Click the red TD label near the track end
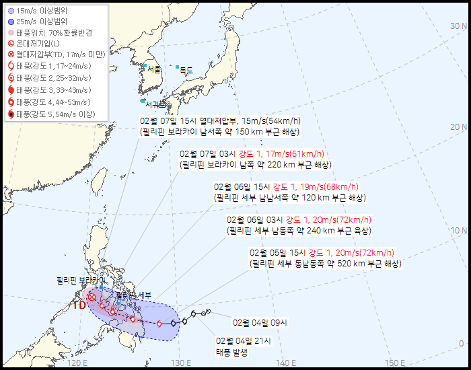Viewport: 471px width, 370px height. coord(79,305)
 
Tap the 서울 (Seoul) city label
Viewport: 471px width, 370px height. coord(154,69)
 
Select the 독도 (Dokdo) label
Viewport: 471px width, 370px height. coord(186,70)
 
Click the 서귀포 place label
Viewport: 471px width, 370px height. coord(156,104)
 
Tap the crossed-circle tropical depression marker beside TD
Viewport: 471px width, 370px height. coord(92,297)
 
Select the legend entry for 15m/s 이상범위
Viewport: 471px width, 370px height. coord(44,10)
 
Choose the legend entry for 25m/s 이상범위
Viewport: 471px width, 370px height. coord(44,22)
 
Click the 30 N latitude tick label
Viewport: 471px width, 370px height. coord(459,26)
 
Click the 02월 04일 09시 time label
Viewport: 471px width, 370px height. coord(260,323)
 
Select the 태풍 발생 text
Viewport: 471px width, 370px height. coord(232,353)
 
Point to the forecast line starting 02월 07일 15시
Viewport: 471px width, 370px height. coord(220,120)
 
